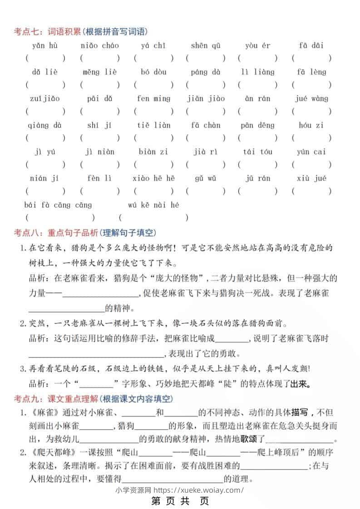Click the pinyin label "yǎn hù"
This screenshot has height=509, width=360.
[x=44, y=45]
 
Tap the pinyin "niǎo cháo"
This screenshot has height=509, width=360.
[x=99, y=45]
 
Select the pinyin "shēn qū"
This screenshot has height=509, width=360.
[x=205, y=45]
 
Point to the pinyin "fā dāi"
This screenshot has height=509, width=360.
[x=311, y=45]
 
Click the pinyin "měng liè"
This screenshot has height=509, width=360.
[x=99, y=72]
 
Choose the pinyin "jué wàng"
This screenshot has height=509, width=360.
[x=311, y=98]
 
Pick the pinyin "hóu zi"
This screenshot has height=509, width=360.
[x=311, y=125]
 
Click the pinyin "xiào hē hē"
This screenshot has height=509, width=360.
[x=153, y=178]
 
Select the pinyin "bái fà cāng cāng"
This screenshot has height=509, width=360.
[x=58, y=205]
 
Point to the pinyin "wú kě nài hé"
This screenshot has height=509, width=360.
[x=153, y=205]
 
